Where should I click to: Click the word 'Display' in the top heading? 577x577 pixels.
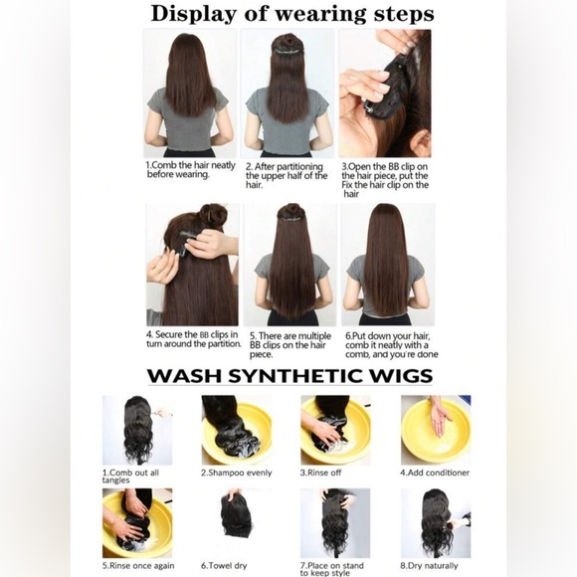(x=194, y=14)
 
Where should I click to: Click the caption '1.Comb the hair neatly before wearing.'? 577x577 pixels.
(x=191, y=170)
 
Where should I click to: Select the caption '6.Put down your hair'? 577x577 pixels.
(x=388, y=336)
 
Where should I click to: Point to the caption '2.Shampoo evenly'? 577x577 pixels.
(x=236, y=473)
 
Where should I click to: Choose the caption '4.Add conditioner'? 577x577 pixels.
(x=435, y=473)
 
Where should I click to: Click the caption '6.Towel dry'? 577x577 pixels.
(x=224, y=566)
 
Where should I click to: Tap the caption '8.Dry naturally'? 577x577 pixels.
(x=429, y=566)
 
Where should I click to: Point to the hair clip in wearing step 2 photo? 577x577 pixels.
(x=288, y=53)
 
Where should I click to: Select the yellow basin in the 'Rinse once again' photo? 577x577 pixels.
(x=137, y=523)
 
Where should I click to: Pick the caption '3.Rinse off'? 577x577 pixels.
(x=320, y=473)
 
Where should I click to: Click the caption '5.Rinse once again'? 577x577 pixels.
(x=138, y=566)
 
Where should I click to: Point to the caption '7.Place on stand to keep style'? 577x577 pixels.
(x=332, y=569)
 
